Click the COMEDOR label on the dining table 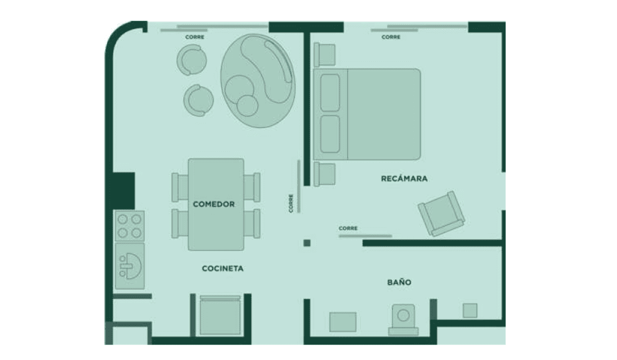click(214, 204)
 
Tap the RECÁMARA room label click(404, 178)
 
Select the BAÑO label click(399, 282)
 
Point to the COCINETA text click(223, 268)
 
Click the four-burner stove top click(130, 226)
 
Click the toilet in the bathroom click(403, 319)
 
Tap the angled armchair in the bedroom click(442, 214)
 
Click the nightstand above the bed click(324, 55)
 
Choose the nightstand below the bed click(324, 174)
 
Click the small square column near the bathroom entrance click(307, 243)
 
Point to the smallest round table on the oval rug click(247, 106)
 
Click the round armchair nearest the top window click(192, 60)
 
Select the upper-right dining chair click(252, 187)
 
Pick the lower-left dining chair click(180, 223)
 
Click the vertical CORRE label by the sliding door click(291, 203)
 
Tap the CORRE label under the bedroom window click(391, 37)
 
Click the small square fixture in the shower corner click(470, 311)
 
